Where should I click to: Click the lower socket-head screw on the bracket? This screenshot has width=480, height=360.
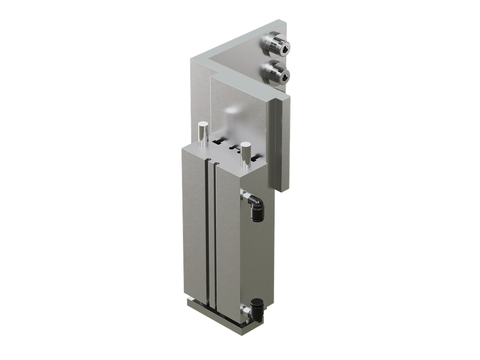click(275, 72)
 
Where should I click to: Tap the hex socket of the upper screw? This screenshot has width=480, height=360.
click(285, 48)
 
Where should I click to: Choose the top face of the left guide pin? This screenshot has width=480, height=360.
click(203, 124)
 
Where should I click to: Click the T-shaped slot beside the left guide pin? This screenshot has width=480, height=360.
click(218, 142)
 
